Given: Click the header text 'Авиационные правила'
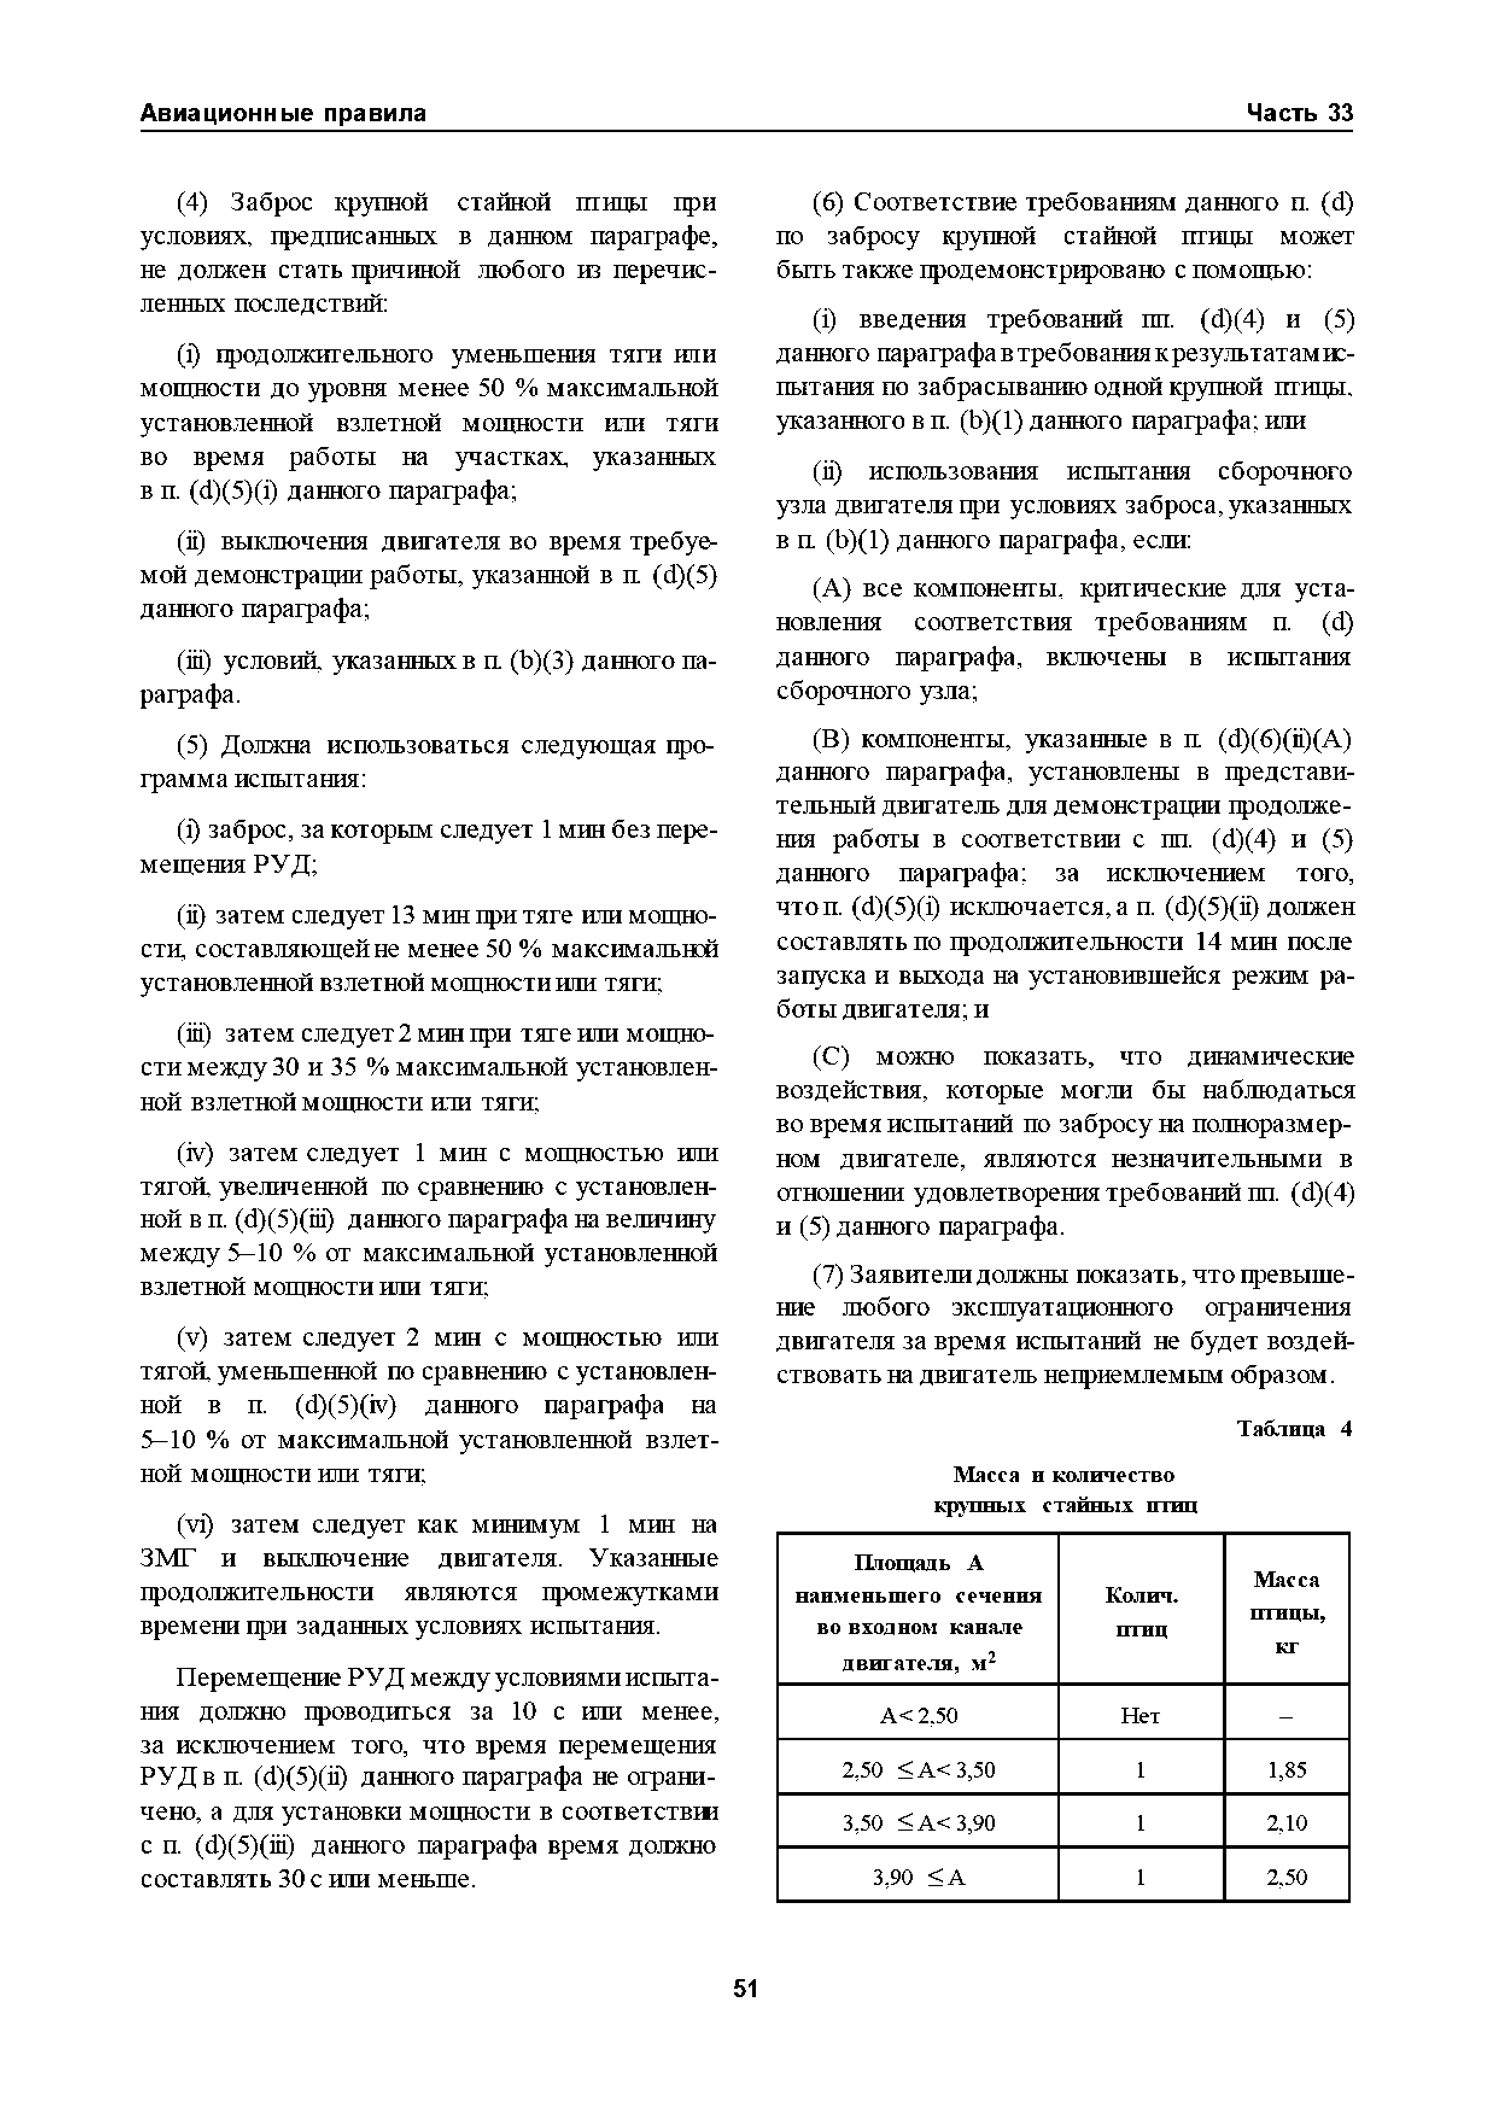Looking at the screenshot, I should pyautogui.click(x=283, y=113).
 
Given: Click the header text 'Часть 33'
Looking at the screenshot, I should pyautogui.click(x=1299, y=113).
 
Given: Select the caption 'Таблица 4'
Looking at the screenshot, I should pyautogui.click(x=1293, y=1430).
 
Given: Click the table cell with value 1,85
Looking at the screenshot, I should pyautogui.click(x=1287, y=1770).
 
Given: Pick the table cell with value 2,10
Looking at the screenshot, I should pyautogui.click(x=1287, y=1823).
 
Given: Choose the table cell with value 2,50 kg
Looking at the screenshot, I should pyautogui.click(x=1287, y=1877).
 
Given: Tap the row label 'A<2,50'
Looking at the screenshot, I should pyautogui.click(x=919, y=1716).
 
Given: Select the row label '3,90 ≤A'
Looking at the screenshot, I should pyautogui.click(x=919, y=1877).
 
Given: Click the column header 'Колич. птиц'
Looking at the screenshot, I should pyautogui.click(x=1141, y=1612).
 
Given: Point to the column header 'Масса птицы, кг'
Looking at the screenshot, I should pyautogui.click(x=1287, y=1612).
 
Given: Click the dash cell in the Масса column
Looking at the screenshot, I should pyautogui.click(x=1287, y=1716).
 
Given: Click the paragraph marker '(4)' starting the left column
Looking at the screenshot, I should pyautogui.click(x=194, y=203).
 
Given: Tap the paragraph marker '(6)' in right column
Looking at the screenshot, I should pyautogui.click(x=829, y=203).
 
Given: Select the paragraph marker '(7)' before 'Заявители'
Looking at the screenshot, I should pyautogui.click(x=829, y=1276).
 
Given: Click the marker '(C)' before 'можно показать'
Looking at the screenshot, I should pyautogui.click(x=833, y=1056).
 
